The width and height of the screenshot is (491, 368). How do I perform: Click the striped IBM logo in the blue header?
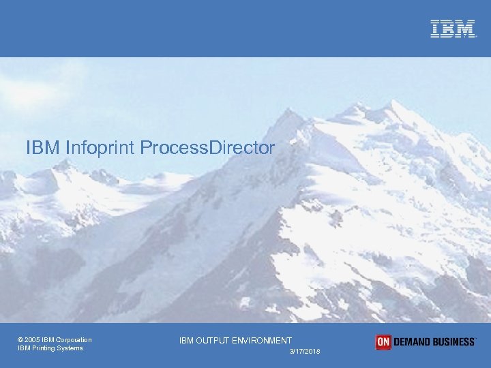(x=452, y=29)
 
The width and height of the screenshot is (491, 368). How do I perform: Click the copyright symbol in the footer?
(x=20, y=340)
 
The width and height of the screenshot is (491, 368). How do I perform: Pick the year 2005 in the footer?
(x=32, y=340)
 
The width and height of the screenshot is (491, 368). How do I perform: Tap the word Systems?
(x=71, y=348)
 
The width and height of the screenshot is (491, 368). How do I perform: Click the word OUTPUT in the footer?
(x=213, y=340)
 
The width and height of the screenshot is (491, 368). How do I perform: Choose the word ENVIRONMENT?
(x=263, y=340)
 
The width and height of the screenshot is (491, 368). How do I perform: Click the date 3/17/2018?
(x=304, y=351)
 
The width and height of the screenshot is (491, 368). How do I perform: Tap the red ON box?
(x=383, y=342)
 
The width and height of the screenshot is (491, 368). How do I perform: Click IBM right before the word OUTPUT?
(x=187, y=340)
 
